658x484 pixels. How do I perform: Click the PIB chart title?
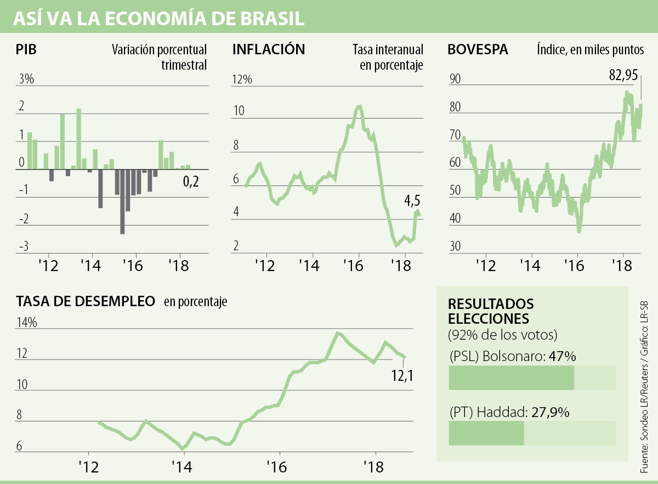point(26,50)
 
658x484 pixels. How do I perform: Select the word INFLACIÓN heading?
point(268,50)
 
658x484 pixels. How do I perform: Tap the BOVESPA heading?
point(478,50)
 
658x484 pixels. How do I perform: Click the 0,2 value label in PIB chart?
point(190,182)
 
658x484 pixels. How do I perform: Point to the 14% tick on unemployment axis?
point(26,323)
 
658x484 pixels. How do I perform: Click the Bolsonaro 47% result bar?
point(511,378)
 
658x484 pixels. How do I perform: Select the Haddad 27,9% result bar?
point(486,433)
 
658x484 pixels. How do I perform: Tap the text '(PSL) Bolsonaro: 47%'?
point(512,357)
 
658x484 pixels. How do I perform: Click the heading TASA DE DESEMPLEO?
point(85,301)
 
